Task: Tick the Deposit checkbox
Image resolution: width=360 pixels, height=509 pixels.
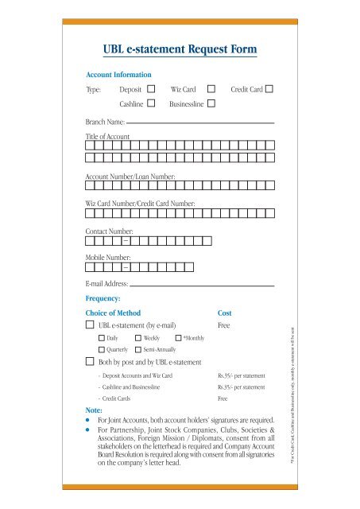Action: (151, 88)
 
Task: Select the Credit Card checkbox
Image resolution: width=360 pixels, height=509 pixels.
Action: (270, 88)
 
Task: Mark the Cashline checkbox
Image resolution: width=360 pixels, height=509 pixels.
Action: (151, 103)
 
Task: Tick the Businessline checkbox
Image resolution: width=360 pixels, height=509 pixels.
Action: (211, 103)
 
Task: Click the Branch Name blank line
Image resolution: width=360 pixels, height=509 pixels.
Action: (200, 124)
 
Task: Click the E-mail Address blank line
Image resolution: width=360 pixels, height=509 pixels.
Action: (202, 284)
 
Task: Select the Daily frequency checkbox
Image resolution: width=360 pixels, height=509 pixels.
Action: (102, 338)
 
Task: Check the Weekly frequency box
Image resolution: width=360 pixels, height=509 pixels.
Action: (138, 338)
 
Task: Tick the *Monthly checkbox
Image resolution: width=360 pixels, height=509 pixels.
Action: (178, 338)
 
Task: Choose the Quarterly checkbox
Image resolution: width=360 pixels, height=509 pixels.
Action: (102, 350)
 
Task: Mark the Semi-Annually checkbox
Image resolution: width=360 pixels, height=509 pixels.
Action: (138, 350)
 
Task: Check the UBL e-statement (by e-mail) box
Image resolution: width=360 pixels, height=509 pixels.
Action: (90, 325)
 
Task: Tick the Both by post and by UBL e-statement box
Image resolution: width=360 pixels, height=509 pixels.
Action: (90, 362)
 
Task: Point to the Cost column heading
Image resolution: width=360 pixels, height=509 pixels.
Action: (225, 313)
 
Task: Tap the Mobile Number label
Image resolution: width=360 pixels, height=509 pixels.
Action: (109, 258)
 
